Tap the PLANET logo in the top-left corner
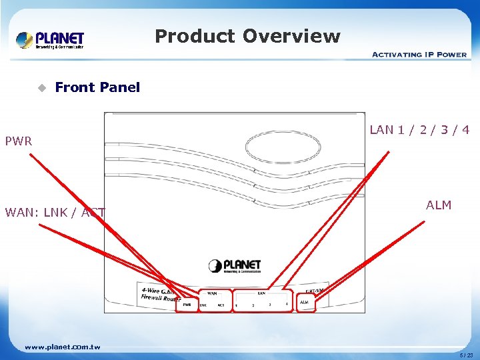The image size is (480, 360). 51,40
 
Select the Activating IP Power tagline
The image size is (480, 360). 419,54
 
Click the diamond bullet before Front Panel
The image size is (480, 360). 42,87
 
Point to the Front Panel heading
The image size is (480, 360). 97,87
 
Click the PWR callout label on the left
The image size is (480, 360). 19,141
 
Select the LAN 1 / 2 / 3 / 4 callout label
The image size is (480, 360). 419,130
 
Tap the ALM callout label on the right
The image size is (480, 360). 439,205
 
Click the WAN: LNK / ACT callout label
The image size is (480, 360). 55,213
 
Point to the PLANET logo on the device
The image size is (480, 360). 235,267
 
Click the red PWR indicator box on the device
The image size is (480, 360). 187,304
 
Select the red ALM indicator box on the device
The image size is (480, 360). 305,302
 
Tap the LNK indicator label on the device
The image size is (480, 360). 203,305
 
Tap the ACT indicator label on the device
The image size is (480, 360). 220,305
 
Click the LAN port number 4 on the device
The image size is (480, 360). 287,305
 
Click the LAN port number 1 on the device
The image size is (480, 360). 237,305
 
